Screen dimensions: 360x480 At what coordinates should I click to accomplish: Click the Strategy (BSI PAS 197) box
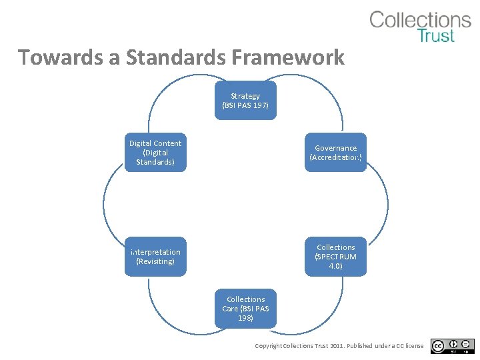pyautogui.click(x=245, y=101)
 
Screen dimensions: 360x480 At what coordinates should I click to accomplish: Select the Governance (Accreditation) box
pyautogui.click(x=336, y=153)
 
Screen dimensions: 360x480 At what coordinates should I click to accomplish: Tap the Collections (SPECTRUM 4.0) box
pyautogui.click(x=336, y=257)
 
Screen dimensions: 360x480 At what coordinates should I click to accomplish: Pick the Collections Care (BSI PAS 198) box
pyautogui.click(x=245, y=309)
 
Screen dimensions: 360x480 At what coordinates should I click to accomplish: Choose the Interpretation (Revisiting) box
pyautogui.click(x=155, y=257)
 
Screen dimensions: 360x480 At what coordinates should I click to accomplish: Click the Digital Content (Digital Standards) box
pyautogui.click(x=155, y=153)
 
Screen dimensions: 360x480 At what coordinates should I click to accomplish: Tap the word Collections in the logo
pyautogui.click(x=420, y=20)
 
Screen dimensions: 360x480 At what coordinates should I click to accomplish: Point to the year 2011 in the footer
pyautogui.click(x=337, y=346)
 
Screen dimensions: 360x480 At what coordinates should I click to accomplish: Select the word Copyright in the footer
pyautogui.click(x=269, y=346)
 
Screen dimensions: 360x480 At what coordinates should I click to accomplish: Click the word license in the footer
pyautogui.click(x=413, y=346)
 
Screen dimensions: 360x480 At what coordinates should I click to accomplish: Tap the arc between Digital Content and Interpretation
pyautogui.click(x=103, y=204)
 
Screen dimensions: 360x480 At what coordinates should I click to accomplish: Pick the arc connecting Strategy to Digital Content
pyautogui.click(x=167, y=90)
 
